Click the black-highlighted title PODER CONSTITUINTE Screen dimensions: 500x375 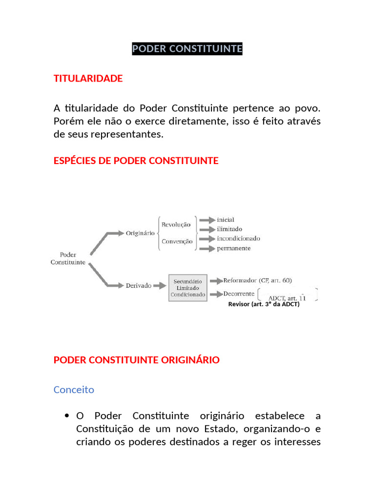(x=187, y=49)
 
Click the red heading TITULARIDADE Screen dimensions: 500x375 (x=88, y=79)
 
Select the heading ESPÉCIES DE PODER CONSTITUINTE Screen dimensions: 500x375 (x=136, y=161)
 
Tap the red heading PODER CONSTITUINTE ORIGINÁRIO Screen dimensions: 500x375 (x=136, y=360)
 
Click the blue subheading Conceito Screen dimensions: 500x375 (x=73, y=390)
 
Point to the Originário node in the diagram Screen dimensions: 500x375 (x=140, y=233)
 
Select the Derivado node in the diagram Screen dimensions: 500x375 (x=138, y=286)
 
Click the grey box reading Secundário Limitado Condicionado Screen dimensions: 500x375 (x=187, y=288)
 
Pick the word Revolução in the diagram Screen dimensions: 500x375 (x=176, y=225)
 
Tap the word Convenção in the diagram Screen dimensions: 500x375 (x=177, y=241)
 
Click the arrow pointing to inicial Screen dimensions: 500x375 (x=207, y=220)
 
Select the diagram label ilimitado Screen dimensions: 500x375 (x=229, y=229)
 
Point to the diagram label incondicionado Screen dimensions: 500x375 (x=238, y=238)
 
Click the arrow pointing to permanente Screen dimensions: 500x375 (x=207, y=249)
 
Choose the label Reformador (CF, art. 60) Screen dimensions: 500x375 (x=257, y=280)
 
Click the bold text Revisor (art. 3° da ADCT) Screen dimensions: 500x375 (x=264, y=304)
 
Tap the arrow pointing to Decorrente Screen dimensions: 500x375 (x=215, y=294)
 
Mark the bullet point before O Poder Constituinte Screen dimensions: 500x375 (x=66, y=416)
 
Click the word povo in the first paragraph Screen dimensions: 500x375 (x=309, y=107)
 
